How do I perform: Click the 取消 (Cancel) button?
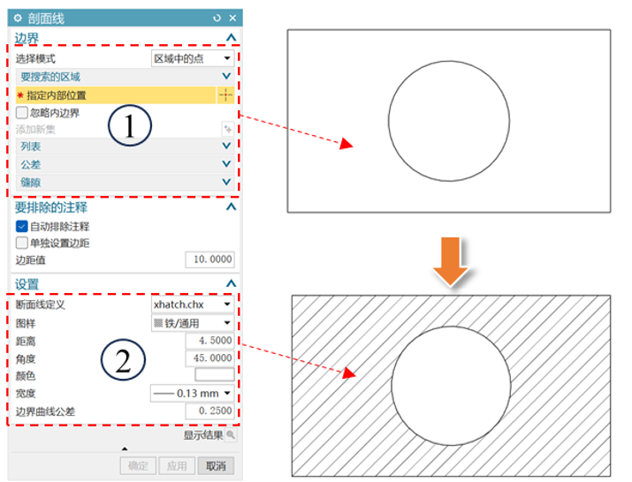pyautogui.click(x=216, y=466)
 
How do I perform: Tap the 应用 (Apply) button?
pyautogui.click(x=177, y=466)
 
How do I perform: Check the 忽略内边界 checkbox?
pyautogui.click(x=22, y=112)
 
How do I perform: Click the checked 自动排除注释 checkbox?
pyautogui.click(x=22, y=226)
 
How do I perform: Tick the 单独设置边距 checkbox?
pyautogui.click(x=22, y=243)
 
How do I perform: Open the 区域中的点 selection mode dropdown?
pyautogui.click(x=193, y=58)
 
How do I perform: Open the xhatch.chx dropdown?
pyautogui.click(x=193, y=305)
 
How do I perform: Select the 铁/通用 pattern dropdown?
pyautogui.click(x=193, y=323)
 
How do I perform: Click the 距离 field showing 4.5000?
pyautogui.click(x=209, y=341)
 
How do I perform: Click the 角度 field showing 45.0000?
pyautogui.click(x=209, y=358)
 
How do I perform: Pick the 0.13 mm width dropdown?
pyautogui.click(x=193, y=393)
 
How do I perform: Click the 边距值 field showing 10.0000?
pyautogui.click(x=209, y=260)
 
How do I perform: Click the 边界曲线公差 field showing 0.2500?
pyautogui.click(x=209, y=410)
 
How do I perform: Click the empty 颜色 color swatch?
pyautogui.click(x=215, y=374)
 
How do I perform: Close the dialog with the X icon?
pyautogui.click(x=232, y=19)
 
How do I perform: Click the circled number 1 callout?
pyautogui.click(x=130, y=125)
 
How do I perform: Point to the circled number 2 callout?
pyautogui.click(x=123, y=359)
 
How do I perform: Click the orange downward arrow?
pyautogui.click(x=451, y=261)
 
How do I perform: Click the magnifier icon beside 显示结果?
pyautogui.click(x=231, y=435)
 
